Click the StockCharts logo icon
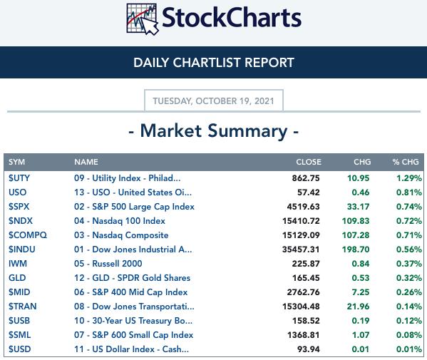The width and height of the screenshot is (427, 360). pos(143,19)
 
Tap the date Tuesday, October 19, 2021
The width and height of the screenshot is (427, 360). pos(214,101)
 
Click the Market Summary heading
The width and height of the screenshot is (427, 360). pos(214,131)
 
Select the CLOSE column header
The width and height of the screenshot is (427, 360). pos(309,162)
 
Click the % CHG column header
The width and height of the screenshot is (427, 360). pos(406,162)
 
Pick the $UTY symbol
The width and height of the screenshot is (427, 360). pos(19,178)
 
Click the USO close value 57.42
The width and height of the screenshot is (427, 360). pos(308,192)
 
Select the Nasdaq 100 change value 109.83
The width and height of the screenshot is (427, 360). pos(356,221)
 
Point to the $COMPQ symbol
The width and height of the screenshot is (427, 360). pos(28,235)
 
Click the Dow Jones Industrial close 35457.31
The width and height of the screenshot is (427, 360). pos(301,250)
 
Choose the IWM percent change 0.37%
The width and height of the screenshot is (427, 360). pos(408,264)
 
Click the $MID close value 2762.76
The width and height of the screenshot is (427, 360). pos(304,292)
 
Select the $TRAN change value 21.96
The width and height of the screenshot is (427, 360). pos(358,307)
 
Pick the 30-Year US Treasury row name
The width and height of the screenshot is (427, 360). pos(133,321)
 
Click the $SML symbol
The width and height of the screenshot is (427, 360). pos(20,335)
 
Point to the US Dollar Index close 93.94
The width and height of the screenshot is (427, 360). pos(308,349)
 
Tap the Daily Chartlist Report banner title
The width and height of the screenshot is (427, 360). pos(214,63)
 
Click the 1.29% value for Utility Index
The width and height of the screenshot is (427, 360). pos(408,178)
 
